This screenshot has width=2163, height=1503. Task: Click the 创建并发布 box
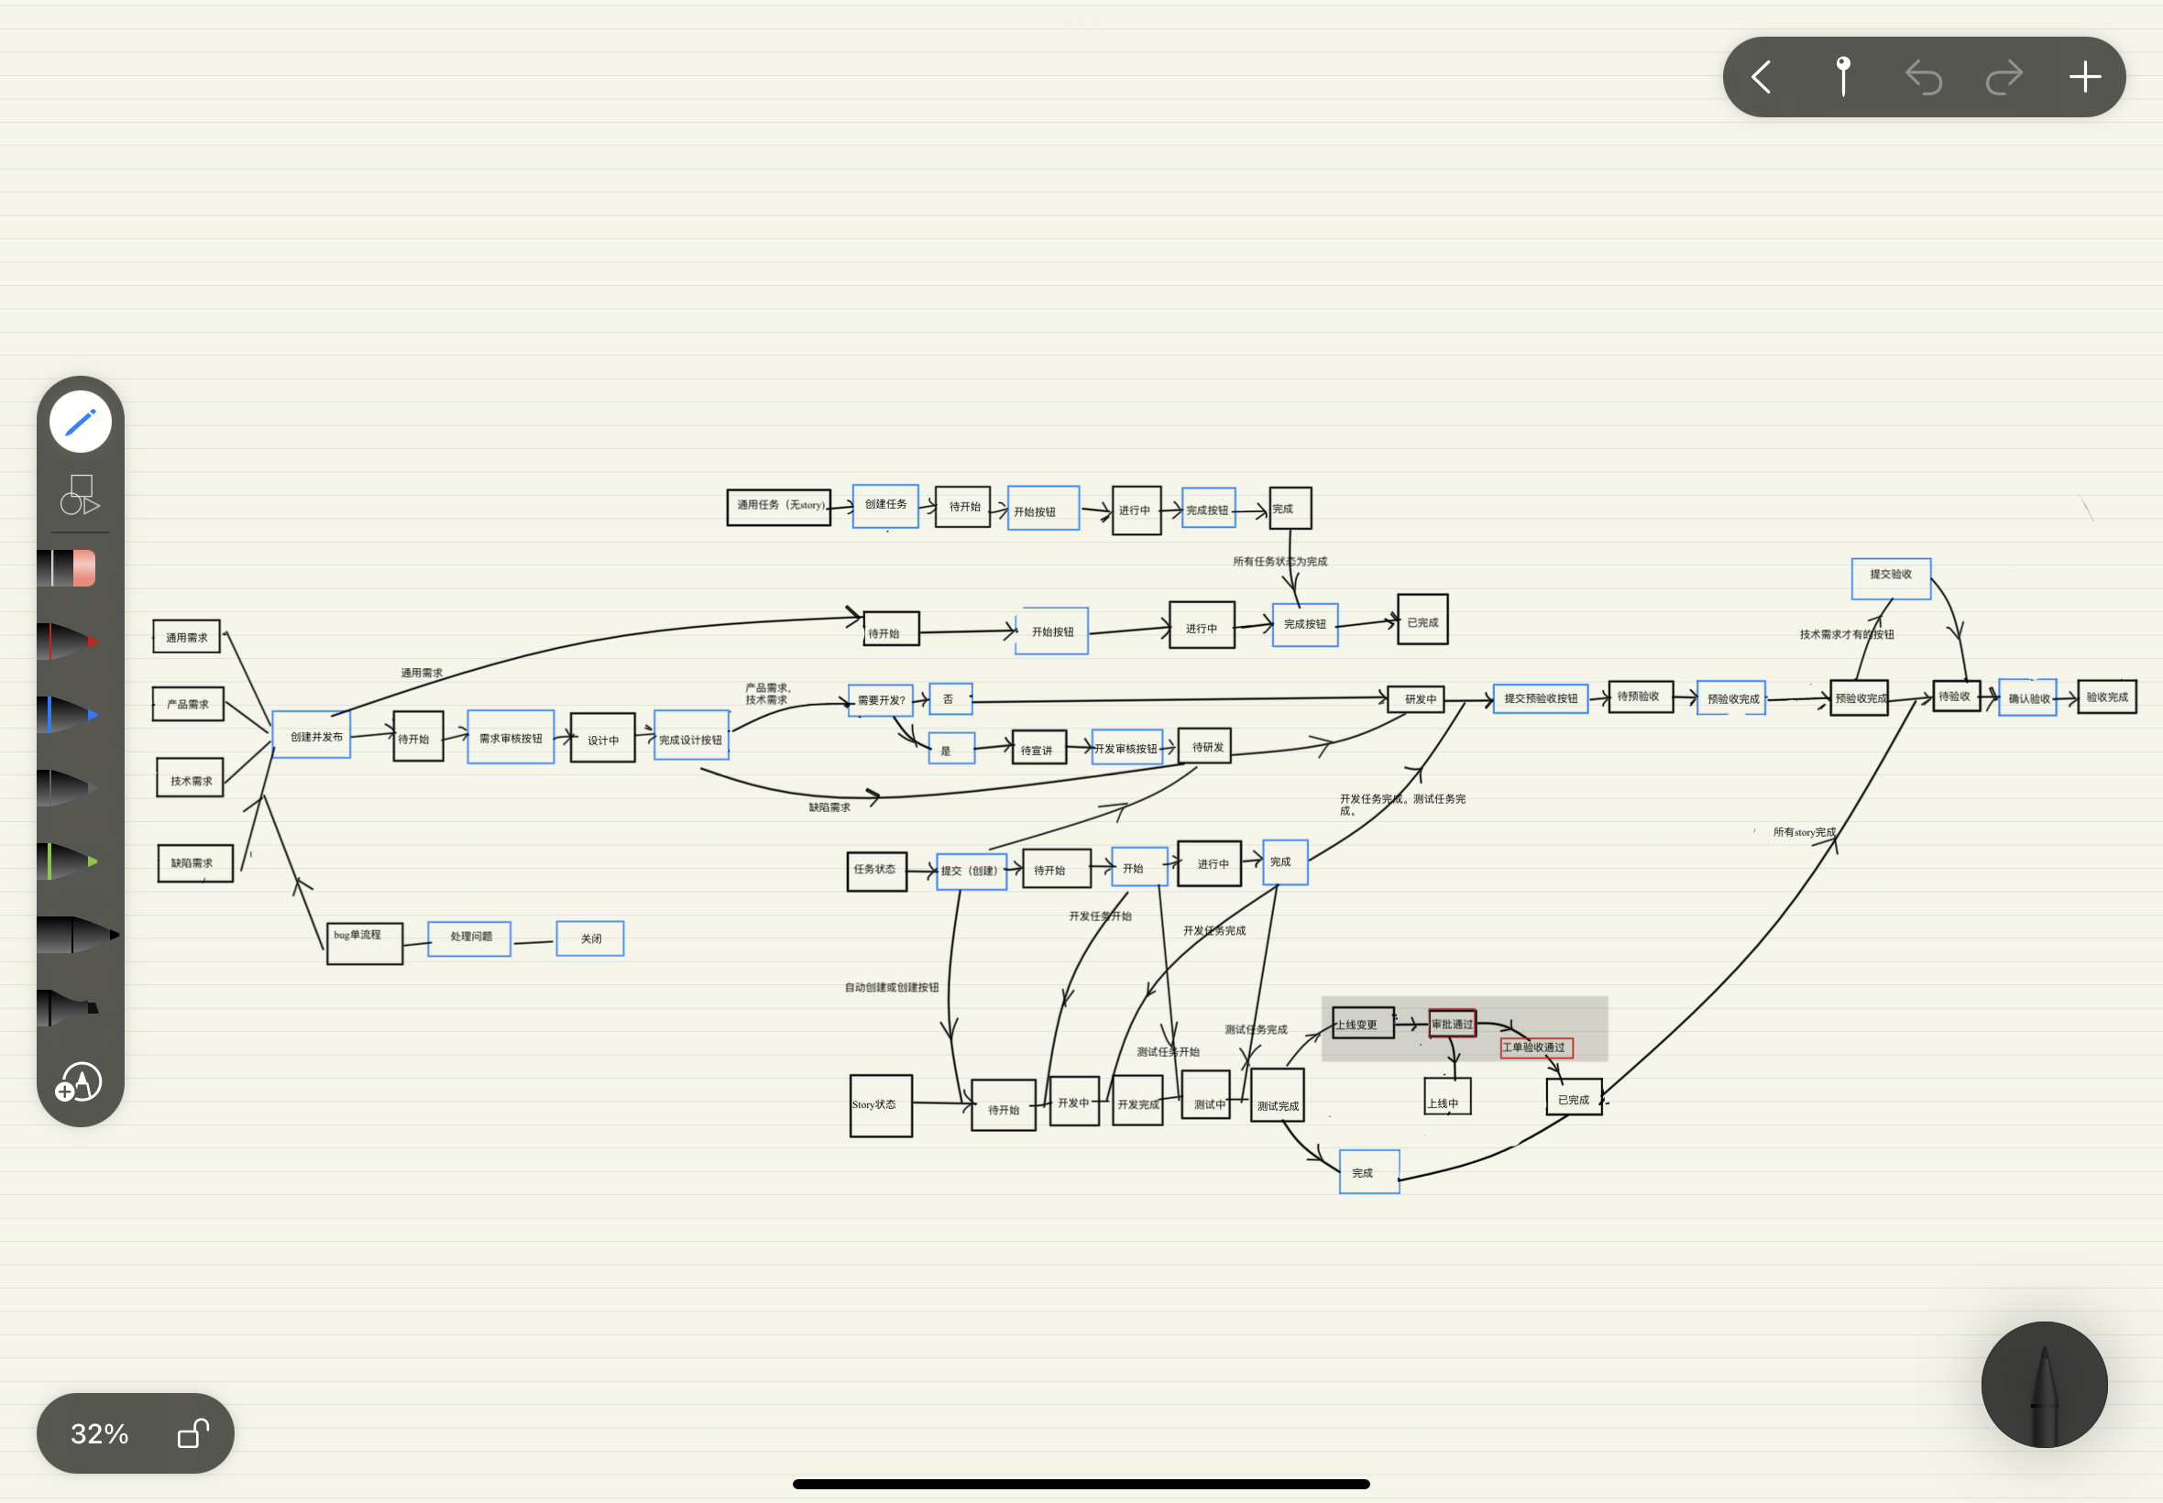click(x=312, y=736)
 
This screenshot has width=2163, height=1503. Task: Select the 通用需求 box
click(x=186, y=637)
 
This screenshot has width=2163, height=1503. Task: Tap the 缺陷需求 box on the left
click(x=195, y=862)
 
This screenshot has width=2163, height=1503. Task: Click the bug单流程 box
click(x=365, y=943)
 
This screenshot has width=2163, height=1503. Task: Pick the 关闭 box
click(x=590, y=938)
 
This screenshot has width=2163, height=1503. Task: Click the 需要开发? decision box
click(x=881, y=699)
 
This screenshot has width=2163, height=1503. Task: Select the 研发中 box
click(x=1416, y=698)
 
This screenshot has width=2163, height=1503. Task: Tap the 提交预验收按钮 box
click(x=1541, y=698)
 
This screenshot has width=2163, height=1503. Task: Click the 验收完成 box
click(x=2106, y=697)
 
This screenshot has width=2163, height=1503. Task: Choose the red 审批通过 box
click(x=1452, y=1024)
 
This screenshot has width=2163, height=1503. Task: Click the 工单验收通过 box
click(x=1536, y=1048)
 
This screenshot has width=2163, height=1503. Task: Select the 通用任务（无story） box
click(x=779, y=507)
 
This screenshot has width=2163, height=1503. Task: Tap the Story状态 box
click(x=881, y=1104)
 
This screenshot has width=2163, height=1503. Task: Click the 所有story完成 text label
click(x=1805, y=831)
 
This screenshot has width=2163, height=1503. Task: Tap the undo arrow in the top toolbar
click(x=1923, y=77)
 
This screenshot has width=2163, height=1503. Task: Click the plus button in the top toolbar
click(x=2085, y=77)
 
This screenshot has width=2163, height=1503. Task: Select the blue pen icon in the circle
click(x=80, y=421)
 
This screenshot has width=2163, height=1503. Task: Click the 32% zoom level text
click(x=100, y=1433)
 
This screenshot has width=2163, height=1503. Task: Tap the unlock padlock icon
click(x=193, y=1432)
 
